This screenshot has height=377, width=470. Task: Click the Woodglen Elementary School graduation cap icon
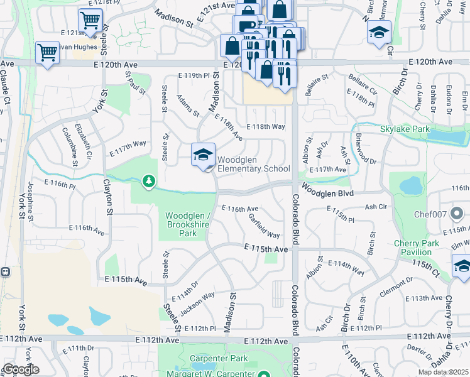click(203, 155)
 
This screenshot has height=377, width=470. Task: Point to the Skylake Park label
click(404, 129)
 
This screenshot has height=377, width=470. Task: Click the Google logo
click(21, 369)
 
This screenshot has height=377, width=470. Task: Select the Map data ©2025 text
click(444, 372)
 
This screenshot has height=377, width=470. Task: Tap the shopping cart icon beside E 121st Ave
click(90, 21)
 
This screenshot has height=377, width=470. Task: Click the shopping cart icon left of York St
click(47, 53)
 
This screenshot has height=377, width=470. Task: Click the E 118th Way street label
click(266, 126)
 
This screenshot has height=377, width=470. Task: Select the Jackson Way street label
click(198, 303)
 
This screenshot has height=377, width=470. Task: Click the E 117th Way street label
click(128, 148)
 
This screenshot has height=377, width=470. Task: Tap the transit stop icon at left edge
click(4, 272)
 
